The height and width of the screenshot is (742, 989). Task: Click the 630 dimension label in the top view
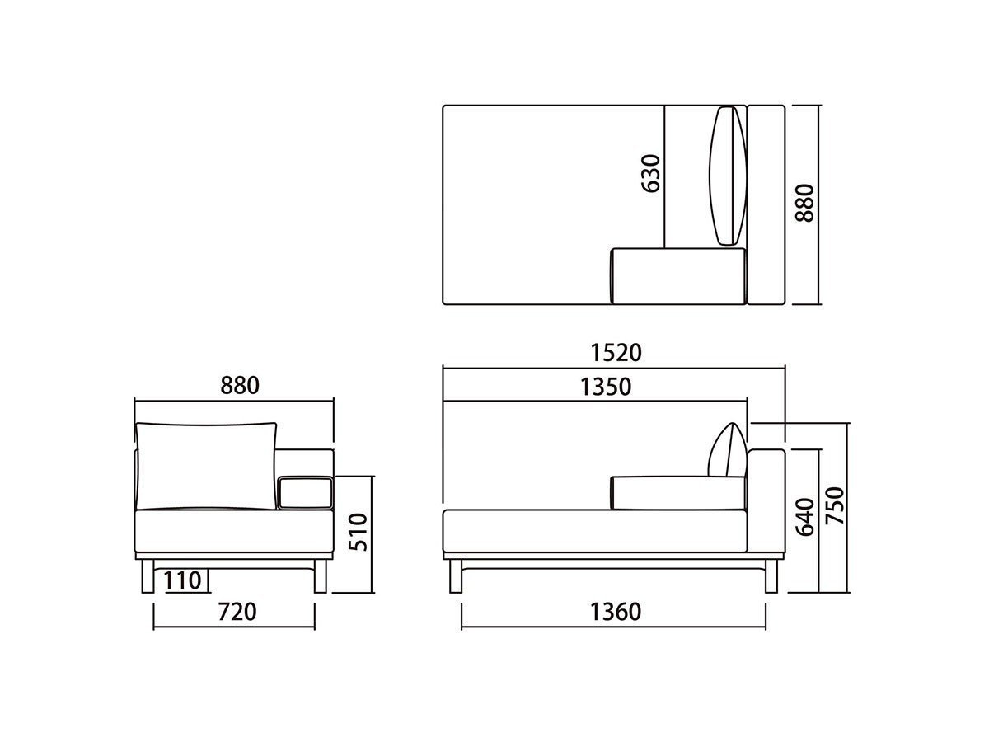(x=650, y=173)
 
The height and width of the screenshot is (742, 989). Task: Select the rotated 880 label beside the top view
(x=804, y=203)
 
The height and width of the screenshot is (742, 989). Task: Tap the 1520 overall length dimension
(x=616, y=353)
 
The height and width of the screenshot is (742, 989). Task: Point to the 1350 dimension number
(x=606, y=387)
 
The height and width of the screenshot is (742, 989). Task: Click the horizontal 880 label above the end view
(x=240, y=386)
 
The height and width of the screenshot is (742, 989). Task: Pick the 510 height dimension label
(x=359, y=532)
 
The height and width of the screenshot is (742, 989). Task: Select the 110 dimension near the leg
(x=182, y=580)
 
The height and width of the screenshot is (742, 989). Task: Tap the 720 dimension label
(x=237, y=612)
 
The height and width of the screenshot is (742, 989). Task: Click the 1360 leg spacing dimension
(x=616, y=612)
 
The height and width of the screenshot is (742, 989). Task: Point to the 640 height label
(x=804, y=517)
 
